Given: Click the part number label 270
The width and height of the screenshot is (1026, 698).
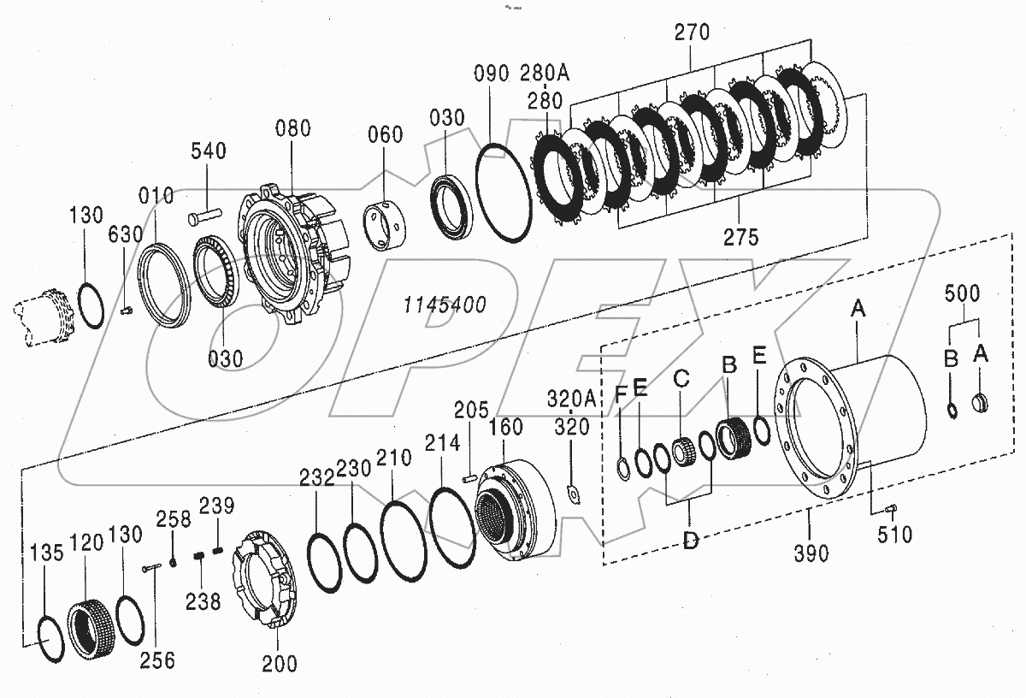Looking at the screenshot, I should coord(692,33).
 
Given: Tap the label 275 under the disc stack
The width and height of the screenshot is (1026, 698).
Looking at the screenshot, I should coord(740,238).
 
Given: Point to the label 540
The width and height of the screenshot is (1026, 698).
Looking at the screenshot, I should coord(209,151).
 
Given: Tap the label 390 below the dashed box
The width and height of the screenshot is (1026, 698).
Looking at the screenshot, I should coord(810,553).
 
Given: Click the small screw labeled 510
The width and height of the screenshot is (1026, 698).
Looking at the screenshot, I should coord(889,510).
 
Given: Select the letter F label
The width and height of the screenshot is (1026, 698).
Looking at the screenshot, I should coord(622,394).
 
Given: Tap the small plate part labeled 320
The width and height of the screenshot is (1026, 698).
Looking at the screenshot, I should coord(574,494).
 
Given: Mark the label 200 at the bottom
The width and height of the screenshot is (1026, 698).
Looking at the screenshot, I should coord(280,662).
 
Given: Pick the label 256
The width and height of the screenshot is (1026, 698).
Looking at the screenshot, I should coord(159,660).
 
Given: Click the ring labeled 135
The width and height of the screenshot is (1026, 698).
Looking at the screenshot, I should coord(49,639).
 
